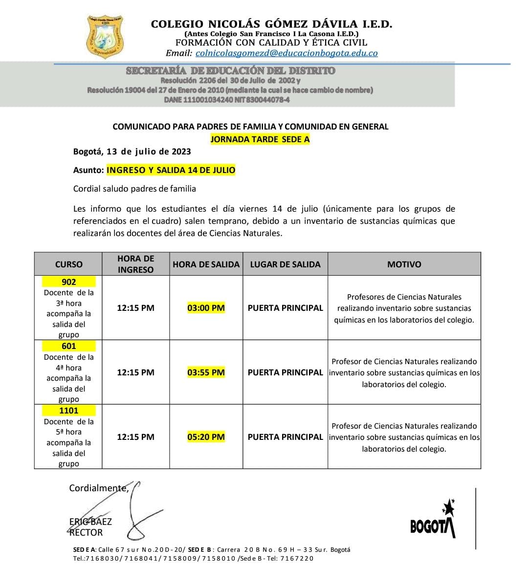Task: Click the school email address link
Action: tap(286, 53)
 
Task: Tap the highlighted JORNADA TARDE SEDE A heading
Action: tap(260, 139)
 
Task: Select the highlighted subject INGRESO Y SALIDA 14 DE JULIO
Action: tap(171, 170)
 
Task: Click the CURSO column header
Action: tap(69, 264)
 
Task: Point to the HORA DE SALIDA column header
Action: tap(206, 264)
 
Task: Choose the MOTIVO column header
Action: tap(404, 264)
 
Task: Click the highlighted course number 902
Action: tap(69, 282)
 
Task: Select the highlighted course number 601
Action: tap(69, 346)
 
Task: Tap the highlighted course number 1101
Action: tap(69, 411)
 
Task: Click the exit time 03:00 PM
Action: tap(206, 308)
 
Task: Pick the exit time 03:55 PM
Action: tap(206, 372)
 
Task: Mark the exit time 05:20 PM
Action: tap(206, 437)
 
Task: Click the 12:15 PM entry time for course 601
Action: tap(135, 372)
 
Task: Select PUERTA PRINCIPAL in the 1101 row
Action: tap(285, 437)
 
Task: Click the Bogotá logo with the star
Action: tap(434, 520)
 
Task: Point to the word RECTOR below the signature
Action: tap(86, 533)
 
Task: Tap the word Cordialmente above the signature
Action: tap(98, 488)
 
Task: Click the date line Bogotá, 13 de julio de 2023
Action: tap(132, 152)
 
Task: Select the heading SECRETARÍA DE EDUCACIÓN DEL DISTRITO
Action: tap(231, 71)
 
